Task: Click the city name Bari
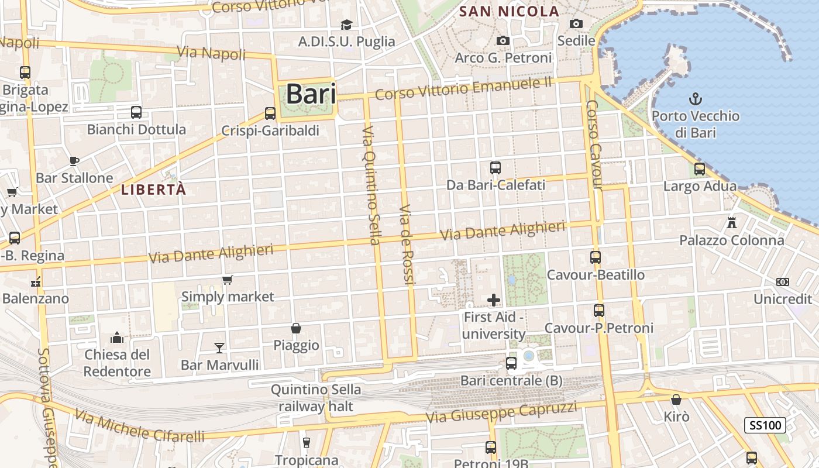311,95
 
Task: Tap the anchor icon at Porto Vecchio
696,98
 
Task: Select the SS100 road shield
765,425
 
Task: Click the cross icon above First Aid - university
494,300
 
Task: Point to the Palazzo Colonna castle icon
731,222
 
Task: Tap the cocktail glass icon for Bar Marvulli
219,348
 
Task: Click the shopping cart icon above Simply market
228,280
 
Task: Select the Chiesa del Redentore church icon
117,338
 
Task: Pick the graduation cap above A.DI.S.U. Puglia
347,25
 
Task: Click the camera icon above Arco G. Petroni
503,40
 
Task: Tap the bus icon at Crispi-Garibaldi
270,113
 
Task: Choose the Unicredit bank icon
783,282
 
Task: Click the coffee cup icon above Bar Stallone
74,161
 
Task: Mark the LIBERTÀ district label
153,190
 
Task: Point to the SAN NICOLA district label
509,11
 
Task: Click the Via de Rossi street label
407,246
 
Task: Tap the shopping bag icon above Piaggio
296,328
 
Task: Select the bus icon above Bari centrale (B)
511,363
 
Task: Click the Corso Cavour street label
594,145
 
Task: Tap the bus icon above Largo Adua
700,170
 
